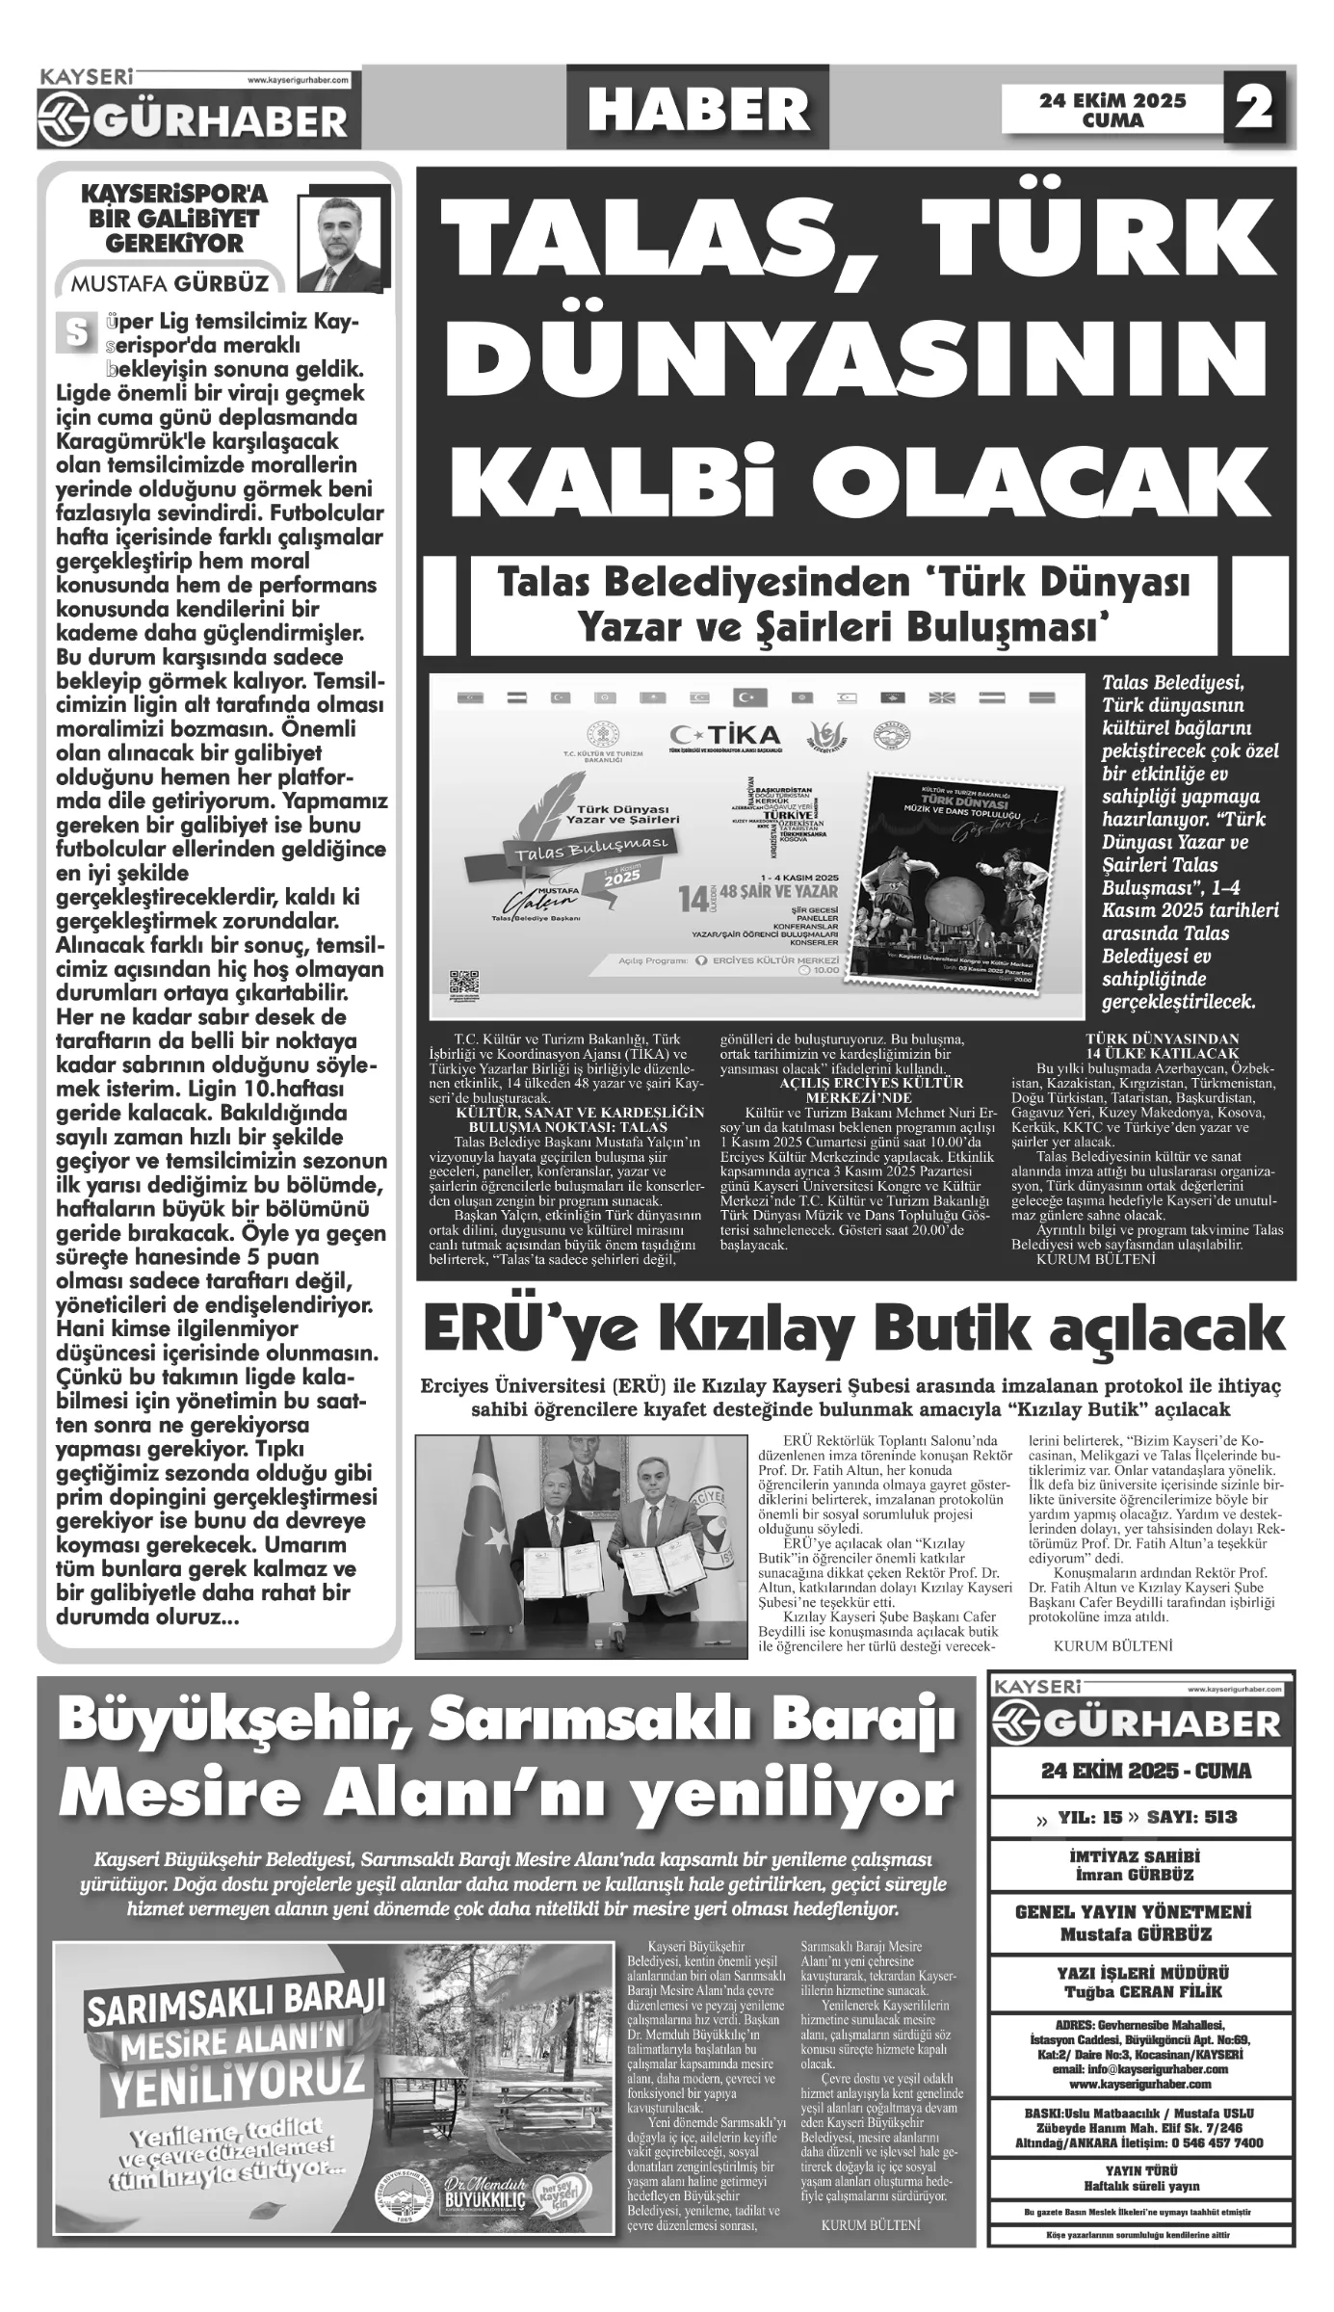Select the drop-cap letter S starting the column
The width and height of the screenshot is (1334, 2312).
coord(73,332)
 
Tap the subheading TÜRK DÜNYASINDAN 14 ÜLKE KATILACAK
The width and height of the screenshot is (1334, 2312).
coord(1148,1046)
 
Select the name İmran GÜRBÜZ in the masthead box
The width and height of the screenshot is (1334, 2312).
coord(1141,1875)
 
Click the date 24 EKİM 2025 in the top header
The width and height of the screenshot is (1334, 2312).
coord(1112,100)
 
